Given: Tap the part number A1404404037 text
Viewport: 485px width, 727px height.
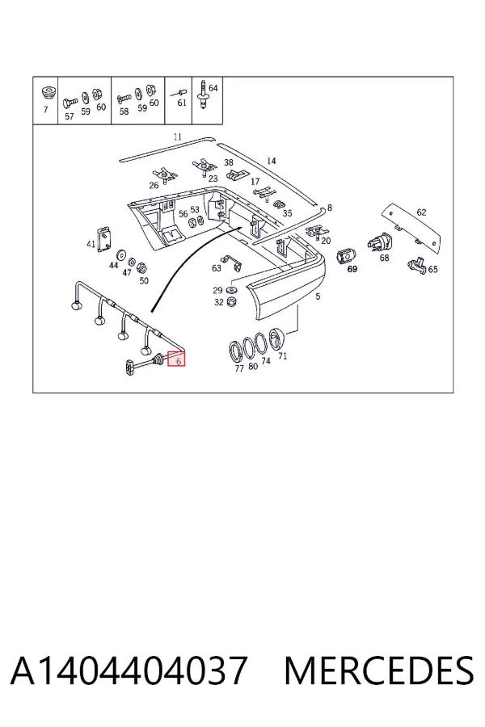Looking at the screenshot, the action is click(129, 670).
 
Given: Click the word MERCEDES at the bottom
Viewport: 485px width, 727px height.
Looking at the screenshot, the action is click(379, 670).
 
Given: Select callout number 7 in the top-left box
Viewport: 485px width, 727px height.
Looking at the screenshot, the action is click(45, 110).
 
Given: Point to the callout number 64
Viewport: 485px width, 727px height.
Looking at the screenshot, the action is click(213, 88).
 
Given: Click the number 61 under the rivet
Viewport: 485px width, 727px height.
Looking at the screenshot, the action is click(182, 103).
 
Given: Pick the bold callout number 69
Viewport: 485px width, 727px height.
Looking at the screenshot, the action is click(352, 269).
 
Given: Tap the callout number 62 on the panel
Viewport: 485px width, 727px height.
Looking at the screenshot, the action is click(421, 212).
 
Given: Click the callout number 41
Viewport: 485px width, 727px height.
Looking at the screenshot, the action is click(91, 244).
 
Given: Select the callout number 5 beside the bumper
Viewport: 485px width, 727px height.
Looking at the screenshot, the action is click(318, 296).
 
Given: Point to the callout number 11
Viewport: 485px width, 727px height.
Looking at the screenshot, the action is click(177, 137).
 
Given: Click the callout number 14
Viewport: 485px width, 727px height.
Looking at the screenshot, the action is click(272, 161).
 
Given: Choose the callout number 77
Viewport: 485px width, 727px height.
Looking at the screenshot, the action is click(239, 368).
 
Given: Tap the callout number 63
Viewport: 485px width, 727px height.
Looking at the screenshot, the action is click(217, 268).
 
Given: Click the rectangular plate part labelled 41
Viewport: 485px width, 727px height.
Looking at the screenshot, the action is click(105, 239).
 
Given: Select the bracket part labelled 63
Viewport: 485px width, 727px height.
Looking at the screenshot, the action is click(232, 263).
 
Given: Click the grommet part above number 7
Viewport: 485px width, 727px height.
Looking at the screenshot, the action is click(47, 92).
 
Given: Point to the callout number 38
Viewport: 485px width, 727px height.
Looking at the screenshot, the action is click(229, 162).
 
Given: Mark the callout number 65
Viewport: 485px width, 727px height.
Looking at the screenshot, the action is click(432, 269).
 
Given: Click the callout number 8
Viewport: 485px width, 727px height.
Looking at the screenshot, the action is click(330, 208).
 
